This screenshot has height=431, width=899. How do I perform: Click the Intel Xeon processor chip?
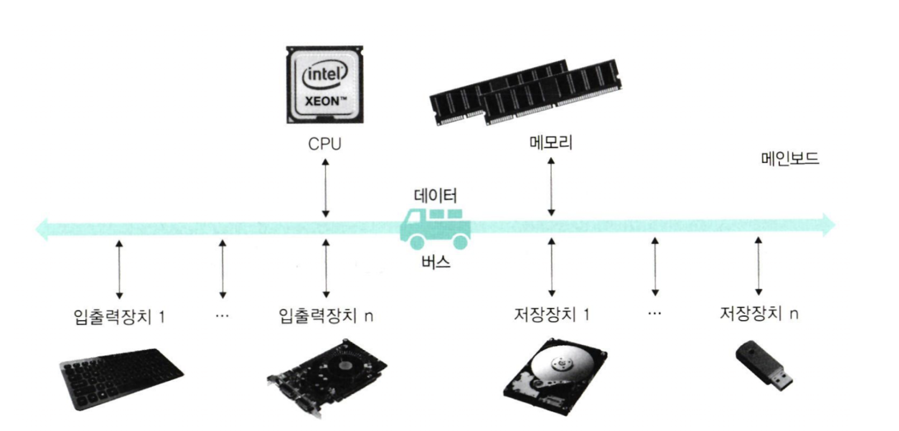pos(324,85)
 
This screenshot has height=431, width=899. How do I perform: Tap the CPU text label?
pos(324,144)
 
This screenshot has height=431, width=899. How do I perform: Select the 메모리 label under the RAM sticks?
pos(551,142)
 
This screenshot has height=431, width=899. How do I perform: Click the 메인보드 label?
pos(790,158)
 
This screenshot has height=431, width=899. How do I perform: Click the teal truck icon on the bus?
pos(435,228)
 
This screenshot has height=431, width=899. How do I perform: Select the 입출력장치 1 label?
pos(119,316)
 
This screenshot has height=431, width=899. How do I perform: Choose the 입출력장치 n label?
pos(325,315)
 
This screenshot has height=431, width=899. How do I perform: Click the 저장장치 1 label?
pos(551,314)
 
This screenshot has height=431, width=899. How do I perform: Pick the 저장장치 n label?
pos(758,313)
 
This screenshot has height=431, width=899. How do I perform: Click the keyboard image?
pos(121,378)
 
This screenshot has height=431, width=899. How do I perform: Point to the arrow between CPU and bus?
pos(325,188)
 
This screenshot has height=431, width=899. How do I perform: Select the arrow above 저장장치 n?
pos(758,266)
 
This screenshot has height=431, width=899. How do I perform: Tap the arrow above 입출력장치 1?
pos(119,269)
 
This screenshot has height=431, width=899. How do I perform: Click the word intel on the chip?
pos(325,74)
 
